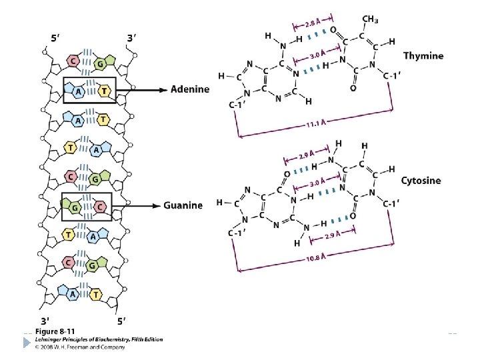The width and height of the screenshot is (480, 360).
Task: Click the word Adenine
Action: point(190,89)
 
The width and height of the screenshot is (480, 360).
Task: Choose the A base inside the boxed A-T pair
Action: point(79,90)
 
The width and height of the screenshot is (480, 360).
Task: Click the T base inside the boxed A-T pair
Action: point(103,90)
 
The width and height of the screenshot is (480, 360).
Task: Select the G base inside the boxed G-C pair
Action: point(75,207)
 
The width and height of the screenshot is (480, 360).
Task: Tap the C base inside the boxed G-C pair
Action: point(100,207)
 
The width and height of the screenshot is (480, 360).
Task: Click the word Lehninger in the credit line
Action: point(51,339)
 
